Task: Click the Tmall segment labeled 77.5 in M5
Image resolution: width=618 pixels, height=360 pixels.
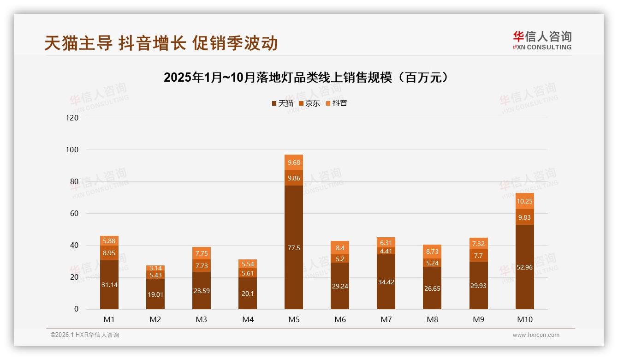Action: click(294, 247)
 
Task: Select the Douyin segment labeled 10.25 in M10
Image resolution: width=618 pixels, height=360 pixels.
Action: click(524, 201)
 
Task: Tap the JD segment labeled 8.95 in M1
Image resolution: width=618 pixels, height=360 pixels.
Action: click(109, 253)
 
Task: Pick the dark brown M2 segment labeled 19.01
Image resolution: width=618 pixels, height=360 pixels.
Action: click(155, 294)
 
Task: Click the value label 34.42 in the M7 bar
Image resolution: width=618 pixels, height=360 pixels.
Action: click(386, 282)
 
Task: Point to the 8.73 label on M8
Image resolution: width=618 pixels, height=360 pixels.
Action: click(432, 252)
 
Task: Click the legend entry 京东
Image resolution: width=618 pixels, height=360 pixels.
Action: click(309, 103)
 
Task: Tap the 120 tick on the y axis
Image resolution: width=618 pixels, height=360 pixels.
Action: click(72, 118)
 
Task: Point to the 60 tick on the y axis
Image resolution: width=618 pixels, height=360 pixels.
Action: click(74, 214)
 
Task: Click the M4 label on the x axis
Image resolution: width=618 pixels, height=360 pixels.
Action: click(248, 319)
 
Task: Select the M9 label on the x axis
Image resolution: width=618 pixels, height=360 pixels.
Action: click(478, 319)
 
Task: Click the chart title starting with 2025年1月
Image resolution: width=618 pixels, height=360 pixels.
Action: click(306, 77)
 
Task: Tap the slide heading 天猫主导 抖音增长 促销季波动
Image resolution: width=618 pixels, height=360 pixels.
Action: click(161, 43)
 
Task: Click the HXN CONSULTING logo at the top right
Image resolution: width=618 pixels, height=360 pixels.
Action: click(542, 41)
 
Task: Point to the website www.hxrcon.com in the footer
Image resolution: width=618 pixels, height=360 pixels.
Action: click(536, 335)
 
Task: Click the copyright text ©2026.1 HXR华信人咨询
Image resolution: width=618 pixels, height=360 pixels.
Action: click(84, 335)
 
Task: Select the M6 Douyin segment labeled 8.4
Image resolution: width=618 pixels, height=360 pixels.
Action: click(340, 248)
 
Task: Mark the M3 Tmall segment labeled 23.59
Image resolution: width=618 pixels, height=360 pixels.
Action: click(202, 291)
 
